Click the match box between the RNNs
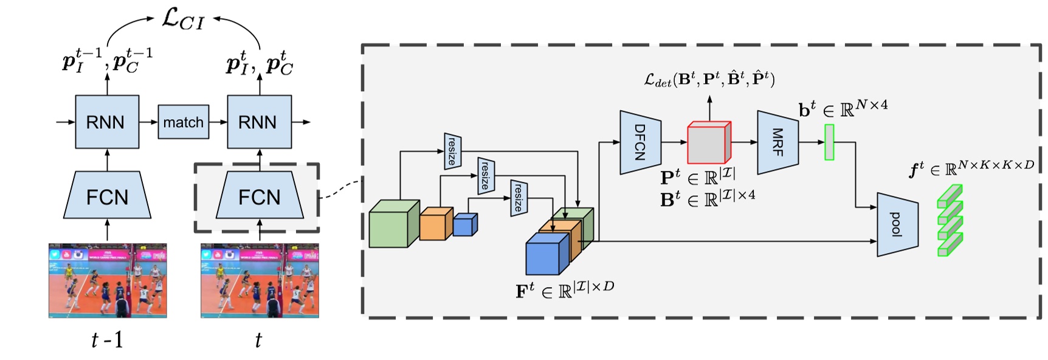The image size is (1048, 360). click(183, 122)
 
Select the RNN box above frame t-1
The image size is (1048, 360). click(107, 122)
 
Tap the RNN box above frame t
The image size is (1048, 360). click(259, 122)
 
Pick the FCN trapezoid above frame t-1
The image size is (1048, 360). click(107, 195)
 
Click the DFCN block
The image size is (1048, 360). click(640, 142)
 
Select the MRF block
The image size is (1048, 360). click(777, 142)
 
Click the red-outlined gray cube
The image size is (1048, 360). click(708, 144)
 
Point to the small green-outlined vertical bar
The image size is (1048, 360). click(829, 142)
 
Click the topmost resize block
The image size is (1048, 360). click(452, 151)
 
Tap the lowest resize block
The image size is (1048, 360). click(518, 198)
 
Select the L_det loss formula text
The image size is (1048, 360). click(709, 79)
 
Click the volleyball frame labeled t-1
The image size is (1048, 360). click(108, 280)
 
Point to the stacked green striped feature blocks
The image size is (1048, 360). click(950, 220)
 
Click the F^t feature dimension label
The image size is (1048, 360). click(565, 290)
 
